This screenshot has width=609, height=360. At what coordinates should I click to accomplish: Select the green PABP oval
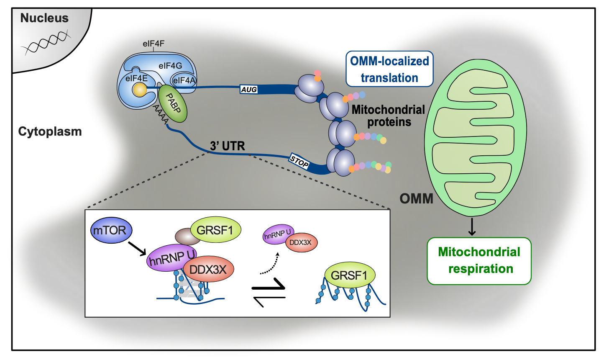[x=172, y=104]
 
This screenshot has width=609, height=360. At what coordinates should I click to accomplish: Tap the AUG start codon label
[x=249, y=90]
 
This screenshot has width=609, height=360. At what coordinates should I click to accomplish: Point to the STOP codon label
[x=299, y=162]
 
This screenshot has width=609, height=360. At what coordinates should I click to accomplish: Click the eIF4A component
[x=184, y=80]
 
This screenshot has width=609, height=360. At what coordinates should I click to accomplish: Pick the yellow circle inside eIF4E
[x=139, y=90]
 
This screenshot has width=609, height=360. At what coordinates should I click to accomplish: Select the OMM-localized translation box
[x=389, y=69]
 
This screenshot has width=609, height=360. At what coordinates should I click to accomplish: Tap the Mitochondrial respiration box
[x=479, y=260]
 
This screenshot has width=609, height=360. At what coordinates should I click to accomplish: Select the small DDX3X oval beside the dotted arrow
[x=301, y=242]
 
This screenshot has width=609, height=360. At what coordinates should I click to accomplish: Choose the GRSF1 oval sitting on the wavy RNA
[x=349, y=275]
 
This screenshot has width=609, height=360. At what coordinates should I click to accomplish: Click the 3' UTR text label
[x=228, y=146]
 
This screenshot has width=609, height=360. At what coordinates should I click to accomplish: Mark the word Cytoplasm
[x=50, y=131]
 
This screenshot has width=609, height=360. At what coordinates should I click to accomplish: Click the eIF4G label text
[x=170, y=66]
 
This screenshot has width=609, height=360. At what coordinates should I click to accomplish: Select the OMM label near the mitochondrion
[x=416, y=198]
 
